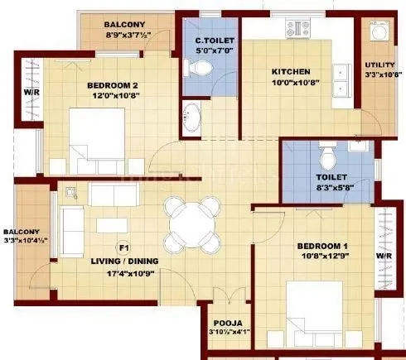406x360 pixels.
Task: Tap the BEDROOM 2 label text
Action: pyautogui.click(x=112, y=84)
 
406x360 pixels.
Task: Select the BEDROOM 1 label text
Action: pyautogui.click(x=322, y=247)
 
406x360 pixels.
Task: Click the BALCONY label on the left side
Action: pyautogui.click(x=20, y=232)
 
